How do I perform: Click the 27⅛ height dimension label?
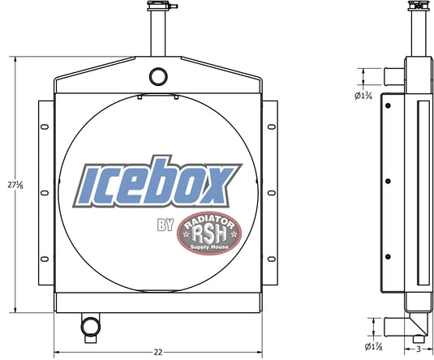pyautogui.click(x=15, y=185)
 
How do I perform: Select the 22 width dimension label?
pyautogui.click(x=158, y=352)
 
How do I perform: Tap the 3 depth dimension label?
pyautogui.click(x=419, y=349)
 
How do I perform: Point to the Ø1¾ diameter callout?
pyautogui.click(x=363, y=96)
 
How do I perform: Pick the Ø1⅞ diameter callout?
pyautogui.click(x=373, y=346)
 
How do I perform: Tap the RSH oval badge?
pyautogui.click(x=209, y=234)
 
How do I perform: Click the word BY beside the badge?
pyautogui.click(x=165, y=225)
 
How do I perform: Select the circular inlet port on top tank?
pyautogui.click(x=158, y=77)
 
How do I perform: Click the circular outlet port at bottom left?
pyautogui.click(x=90, y=327)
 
